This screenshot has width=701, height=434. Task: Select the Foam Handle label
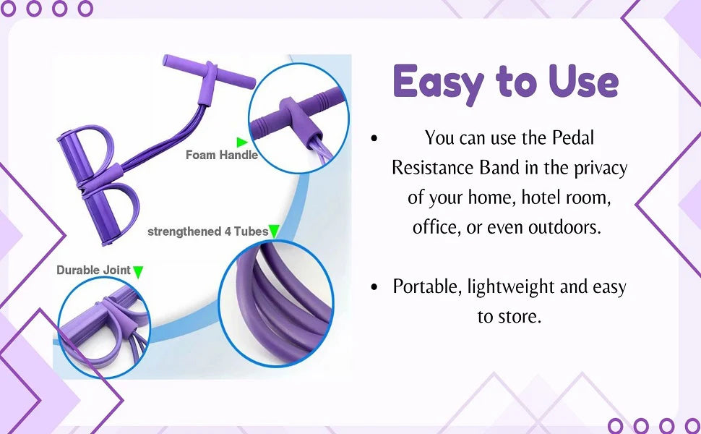pyautogui.click(x=222, y=155)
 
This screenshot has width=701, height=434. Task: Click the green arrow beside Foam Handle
pyautogui.click(x=242, y=142)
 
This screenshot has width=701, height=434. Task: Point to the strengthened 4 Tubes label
pyautogui.click(x=207, y=231)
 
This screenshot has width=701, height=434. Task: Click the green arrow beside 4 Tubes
pyautogui.click(x=274, y=231)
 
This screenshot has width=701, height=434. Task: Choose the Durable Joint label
pyautogui.click(x=93, y=271)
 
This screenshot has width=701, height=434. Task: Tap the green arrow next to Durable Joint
pyautogui.click(x=138, y=272)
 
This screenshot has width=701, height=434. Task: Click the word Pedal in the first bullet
pyautogui.click(x=573, y=137)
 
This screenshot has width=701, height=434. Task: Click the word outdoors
pyautogui.click(x=564, y=227)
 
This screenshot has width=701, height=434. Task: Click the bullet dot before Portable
pyautogui.click(x=374, y=286)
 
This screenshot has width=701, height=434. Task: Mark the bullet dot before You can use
pyautogui.click(x=374, y=138)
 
